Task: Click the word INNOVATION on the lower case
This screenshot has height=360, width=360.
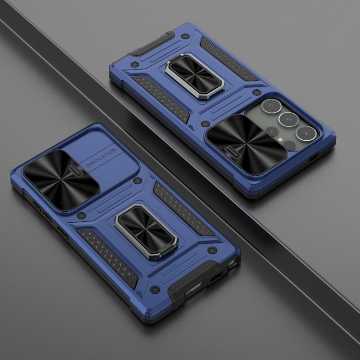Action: (101, 158)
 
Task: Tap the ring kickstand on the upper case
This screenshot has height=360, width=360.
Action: (194, 76)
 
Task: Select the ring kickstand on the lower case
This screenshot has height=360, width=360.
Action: (146, 231)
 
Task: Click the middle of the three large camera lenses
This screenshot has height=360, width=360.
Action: (288, 120)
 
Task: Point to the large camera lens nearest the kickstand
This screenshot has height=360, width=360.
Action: (271, 106)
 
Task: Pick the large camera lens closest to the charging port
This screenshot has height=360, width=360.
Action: (306, 133)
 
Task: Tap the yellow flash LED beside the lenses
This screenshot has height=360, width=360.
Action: (280, 139)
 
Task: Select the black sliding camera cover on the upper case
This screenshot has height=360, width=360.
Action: (246, 144)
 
